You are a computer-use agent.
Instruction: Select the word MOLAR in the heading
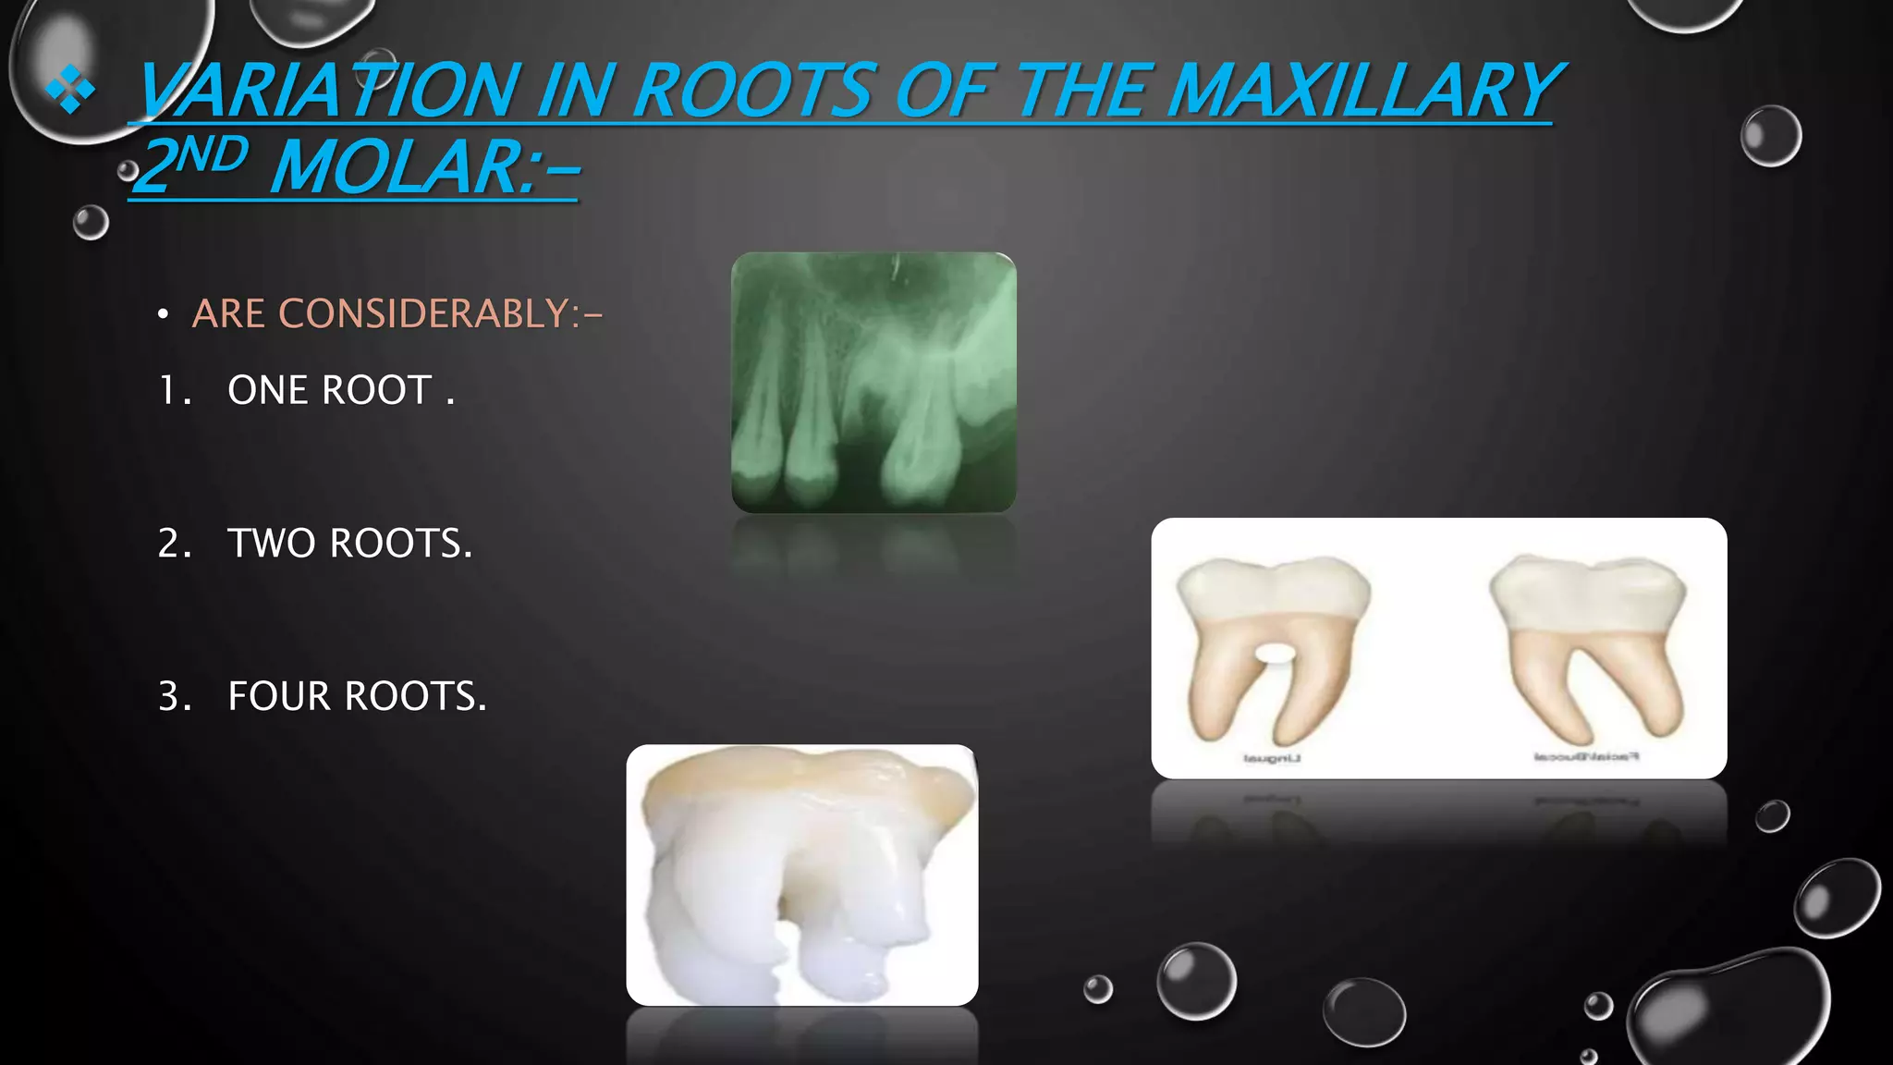pyautogui.click(x=397, y=167)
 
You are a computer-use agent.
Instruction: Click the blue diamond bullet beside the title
pyautogui.click(x=70, y=90)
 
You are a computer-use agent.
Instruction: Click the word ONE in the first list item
pyautogui.click(x=269, y=390)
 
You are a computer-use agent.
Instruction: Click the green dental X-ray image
pyautogui.click(x=873, y=382)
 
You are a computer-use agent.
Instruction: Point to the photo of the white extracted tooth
pyautogui.click(x=801, y=875)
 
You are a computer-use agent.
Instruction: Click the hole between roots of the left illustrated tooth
pyautogui.click(x=1275, y=655)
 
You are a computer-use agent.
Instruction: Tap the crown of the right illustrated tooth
pyautogui.click(x=1587, y=592)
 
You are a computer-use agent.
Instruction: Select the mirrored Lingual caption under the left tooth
pyautogui.click(x=1272, y=759)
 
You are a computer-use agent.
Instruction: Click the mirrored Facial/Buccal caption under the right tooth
pyautogui.click(x=1586, y=757)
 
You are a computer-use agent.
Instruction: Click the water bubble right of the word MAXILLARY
pyautogui.click(x=1770, y=136)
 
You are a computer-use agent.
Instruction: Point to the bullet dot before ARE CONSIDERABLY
pyautogui.click(x=163, y=315)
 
